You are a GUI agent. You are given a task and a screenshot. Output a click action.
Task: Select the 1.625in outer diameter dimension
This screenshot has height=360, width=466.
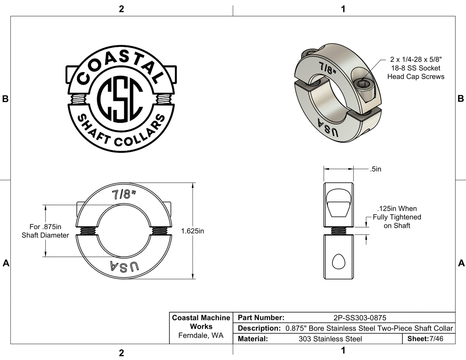point(192,231)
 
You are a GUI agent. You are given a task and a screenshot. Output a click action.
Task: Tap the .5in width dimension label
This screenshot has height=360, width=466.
point(375,169)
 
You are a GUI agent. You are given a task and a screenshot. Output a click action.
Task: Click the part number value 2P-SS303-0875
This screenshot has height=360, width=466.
point(360,317)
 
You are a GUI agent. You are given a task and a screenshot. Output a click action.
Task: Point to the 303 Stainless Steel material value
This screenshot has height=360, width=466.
point(330,339)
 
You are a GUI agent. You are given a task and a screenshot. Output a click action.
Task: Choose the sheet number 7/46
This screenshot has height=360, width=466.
point(436,339)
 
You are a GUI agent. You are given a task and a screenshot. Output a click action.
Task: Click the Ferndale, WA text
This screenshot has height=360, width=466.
point(201,336)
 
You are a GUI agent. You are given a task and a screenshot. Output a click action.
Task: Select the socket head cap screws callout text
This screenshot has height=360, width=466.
point(416,68)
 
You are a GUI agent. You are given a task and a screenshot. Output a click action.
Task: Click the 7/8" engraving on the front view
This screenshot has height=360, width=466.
point(124,195)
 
